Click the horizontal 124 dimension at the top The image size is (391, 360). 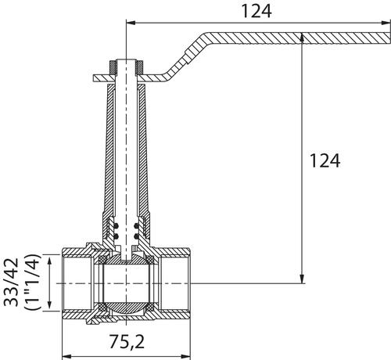pyautogui.click(x=256, y=11)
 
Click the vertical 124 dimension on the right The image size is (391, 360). pyautogui.click(x=325, y=160)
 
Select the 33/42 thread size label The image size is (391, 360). pyautogui.click(x=11, y=283)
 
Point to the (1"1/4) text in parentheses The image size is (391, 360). pyautogui.click(x=32, y=283)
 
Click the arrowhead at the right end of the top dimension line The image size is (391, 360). pyautogui.click(x=386, y=23)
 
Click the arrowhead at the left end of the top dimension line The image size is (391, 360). pyautogui.click(x=131, y=23)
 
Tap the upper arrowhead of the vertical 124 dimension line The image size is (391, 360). pyautogui.click(x=302, y=38)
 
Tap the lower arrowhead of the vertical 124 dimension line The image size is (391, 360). pyautogui.click(x=302, y=279)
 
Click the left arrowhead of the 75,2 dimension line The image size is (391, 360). pyautogui.click(x=67, y=356)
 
